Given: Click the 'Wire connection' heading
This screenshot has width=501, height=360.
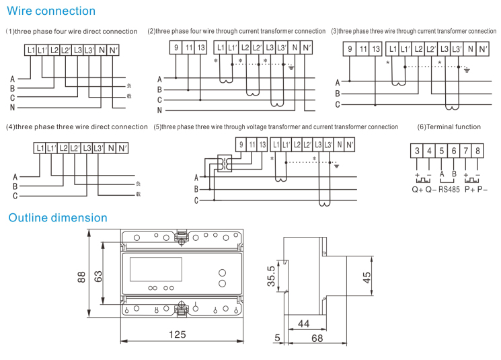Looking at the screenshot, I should tap(51, 11).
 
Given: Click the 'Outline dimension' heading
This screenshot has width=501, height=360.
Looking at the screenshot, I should tap(57, 218).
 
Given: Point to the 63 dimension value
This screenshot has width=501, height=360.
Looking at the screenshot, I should tap(98, 276).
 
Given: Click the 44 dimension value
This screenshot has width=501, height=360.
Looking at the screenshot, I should tap(304, 324).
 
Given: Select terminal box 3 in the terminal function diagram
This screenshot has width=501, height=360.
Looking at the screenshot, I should tap(418, 151).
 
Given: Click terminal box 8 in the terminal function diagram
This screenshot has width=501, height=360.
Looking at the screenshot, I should tap(478, 151).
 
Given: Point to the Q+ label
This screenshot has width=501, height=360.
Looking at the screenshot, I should tap(418, 190).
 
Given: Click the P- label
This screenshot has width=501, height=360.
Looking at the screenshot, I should tap(479, 190).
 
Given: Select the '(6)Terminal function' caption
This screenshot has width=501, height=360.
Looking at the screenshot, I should tap(449, 127).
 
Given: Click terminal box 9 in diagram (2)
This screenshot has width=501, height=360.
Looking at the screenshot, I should tap(176, 48).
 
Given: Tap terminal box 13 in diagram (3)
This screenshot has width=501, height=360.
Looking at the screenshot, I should tap(375, 49).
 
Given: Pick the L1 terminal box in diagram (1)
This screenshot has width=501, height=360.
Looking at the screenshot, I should tap(31, 50).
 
